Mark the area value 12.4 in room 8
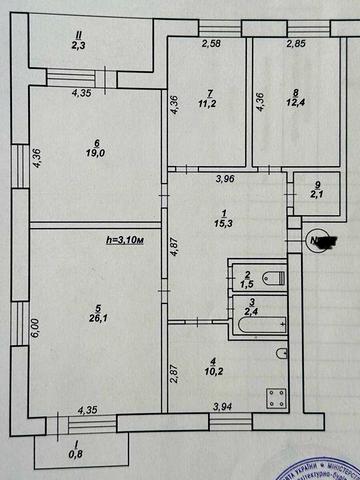pyautogui.click(x=296, y=103)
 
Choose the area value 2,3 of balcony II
pyautogui.click(x=77, y=45)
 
